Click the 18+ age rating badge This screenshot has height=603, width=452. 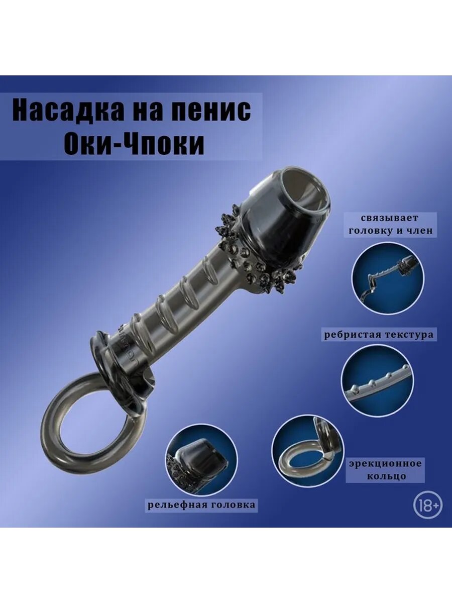tap(428, 506)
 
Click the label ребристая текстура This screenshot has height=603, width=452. tap(379, 334)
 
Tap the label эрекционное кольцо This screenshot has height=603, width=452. tap(385, 469)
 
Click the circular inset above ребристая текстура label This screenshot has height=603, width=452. tap(387, 278)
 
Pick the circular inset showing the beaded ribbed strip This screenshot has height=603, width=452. tap(377, 379)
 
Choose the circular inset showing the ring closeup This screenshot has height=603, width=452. tap(307, 451)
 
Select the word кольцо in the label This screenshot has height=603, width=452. tap(385, 476)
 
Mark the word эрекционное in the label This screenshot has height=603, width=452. tap(386, 463)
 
